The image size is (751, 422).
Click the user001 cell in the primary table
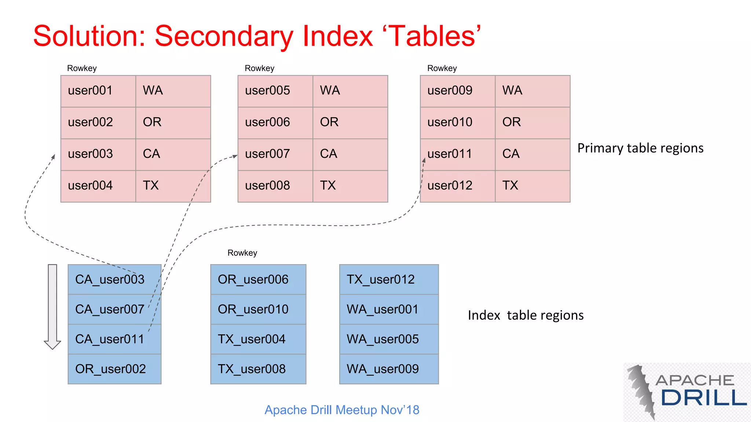point(98,91)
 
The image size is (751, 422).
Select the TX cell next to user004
point(173,186)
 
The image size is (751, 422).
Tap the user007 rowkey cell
point(275,154)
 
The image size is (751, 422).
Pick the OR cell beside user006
point(350,122)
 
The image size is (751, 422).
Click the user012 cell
point(457,186)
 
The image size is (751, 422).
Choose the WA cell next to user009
point(532,91)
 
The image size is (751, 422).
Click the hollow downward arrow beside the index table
point(52,306)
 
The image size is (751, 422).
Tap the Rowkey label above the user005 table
point(259,69)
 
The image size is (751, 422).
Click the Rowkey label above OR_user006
point(242,253)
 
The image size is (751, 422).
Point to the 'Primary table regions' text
point(640,148)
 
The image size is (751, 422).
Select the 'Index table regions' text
point(525,315)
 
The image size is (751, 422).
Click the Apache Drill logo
point(686,392)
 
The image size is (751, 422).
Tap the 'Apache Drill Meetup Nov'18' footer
point(342,410)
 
